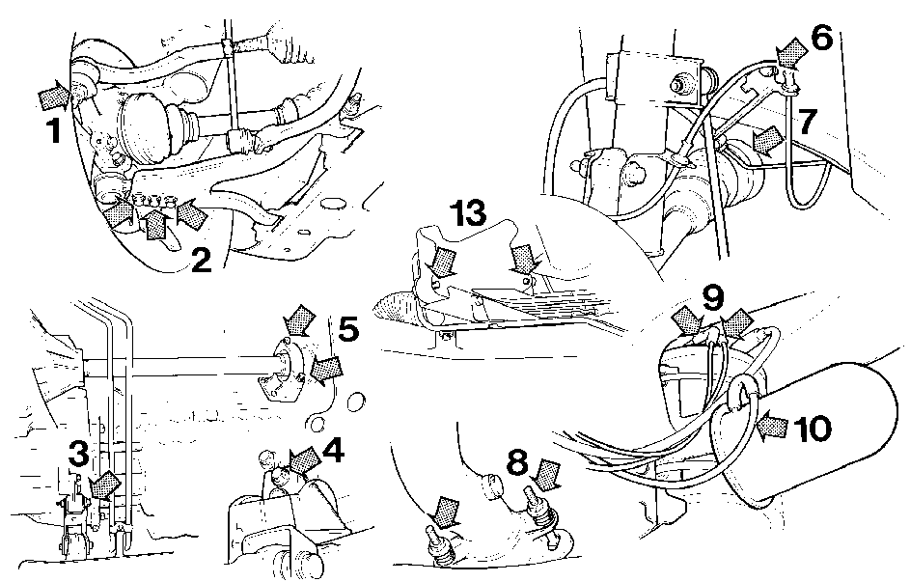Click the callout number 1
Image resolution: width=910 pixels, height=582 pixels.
(54, 130)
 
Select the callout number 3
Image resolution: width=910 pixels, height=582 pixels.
(78, 454)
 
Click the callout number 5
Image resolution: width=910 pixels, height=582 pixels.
(348, 329)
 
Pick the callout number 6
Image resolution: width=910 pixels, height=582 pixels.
(822, 38)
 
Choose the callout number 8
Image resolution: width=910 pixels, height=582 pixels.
(517, 462)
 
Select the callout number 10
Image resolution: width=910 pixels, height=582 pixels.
(812, 430)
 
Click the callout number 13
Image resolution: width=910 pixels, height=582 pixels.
(469, 213)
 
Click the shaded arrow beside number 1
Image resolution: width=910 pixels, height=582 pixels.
(55, 96)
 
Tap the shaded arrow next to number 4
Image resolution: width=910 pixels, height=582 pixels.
(304, 460)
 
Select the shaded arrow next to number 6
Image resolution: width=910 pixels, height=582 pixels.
(790, 52)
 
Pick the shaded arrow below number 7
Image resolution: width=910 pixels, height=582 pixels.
(766, 142)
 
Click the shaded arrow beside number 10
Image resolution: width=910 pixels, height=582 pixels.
(772, 428)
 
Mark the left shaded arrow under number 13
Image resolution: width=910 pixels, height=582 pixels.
(442, 262)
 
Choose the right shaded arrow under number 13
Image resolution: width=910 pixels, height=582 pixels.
(524, 258)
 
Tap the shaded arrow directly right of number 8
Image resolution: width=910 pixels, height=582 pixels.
(545, 476)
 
